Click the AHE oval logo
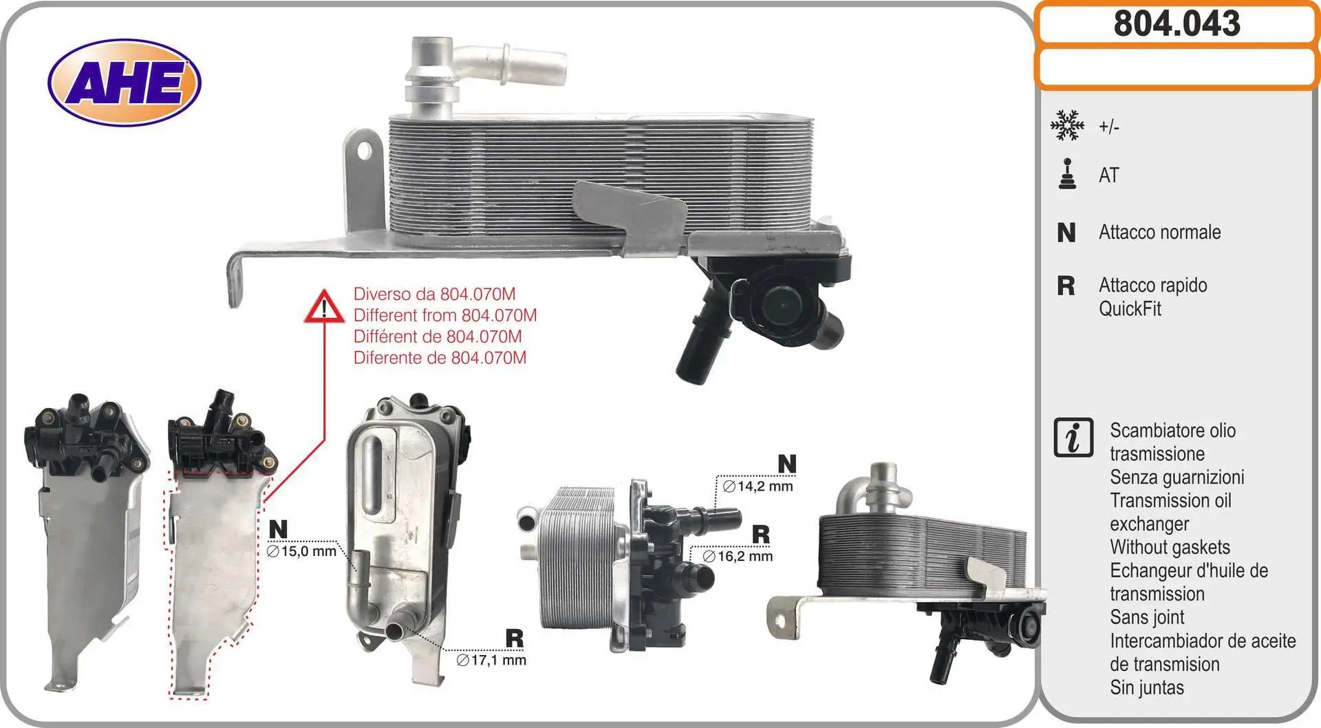125,83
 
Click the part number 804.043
1177,23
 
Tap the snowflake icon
1067,125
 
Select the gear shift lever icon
1067,174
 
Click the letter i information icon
1073,437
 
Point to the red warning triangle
324,307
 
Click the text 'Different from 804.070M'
445,315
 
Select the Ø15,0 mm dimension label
301,551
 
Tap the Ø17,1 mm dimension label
491,660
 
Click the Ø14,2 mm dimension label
758,486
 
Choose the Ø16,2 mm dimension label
738,556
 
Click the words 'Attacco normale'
1160,232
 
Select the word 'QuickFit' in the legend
1130,308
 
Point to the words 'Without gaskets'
1170,547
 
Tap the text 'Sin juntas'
1147,687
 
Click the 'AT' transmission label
1109,175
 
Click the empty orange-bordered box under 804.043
1177,68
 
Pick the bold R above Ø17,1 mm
514,639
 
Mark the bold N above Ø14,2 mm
787,464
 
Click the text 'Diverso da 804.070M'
434,294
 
